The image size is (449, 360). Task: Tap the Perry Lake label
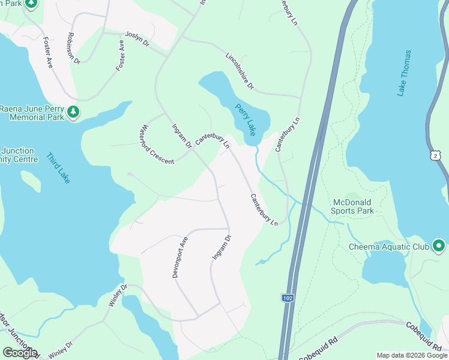pyautogui.click(x=246, y=117)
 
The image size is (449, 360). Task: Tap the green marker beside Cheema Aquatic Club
pyautogui.click(x=439, y=246)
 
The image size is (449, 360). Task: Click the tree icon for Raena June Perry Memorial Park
pyautogui.click(x=73, y=112)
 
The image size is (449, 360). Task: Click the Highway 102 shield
pyautogui.click(x=288, y=298)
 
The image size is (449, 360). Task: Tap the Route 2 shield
pyautogui.click(x=434, y=155)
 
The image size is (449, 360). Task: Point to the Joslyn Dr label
pyautogui.click(x=137, y=39)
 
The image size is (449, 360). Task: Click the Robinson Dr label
pyautogui.click(x=74, y=48)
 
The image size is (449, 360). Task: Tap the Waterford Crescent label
pyautogui.click(x=155, y=145)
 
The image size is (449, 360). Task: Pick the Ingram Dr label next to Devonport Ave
pyautogui.click(x=221, y=247)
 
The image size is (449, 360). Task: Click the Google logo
pyautogui.click(x=20, y=353)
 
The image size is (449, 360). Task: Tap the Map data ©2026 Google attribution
pyautogui.click(x=411, y=355)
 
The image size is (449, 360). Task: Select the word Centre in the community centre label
pyautogui.click(x=25, y=160)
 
